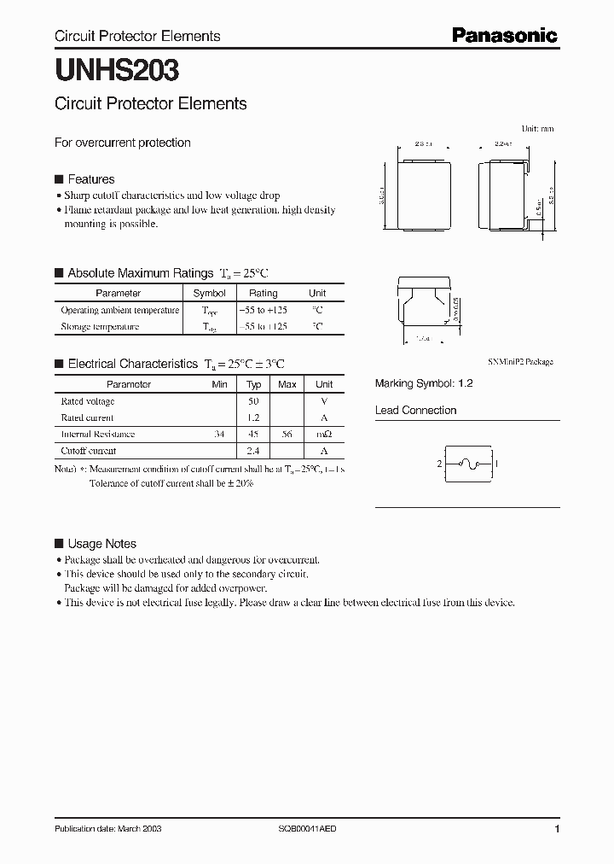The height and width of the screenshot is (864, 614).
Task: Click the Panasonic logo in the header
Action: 504,36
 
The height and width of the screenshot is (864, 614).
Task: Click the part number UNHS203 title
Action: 117,70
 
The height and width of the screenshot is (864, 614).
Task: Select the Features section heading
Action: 90,179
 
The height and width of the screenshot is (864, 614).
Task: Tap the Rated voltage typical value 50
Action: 253,401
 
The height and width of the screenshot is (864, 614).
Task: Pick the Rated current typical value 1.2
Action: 253,417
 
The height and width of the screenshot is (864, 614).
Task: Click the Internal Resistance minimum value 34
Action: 219,434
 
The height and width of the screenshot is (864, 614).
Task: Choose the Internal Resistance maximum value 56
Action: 287,434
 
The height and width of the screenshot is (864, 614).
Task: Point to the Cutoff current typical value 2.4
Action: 253,451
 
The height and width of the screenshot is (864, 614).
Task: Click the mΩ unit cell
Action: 324,434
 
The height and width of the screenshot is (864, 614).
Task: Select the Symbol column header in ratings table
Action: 210,293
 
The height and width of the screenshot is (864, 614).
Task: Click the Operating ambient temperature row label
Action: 120,310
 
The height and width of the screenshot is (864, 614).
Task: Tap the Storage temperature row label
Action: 100,326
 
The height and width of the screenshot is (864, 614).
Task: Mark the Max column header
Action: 287,384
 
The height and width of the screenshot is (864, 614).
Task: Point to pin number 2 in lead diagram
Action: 439,464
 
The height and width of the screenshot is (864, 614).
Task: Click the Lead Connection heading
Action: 415,411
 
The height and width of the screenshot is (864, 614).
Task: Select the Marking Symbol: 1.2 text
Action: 424,384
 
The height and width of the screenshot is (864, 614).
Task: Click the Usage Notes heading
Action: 101,544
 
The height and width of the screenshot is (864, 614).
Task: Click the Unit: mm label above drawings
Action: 536,128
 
